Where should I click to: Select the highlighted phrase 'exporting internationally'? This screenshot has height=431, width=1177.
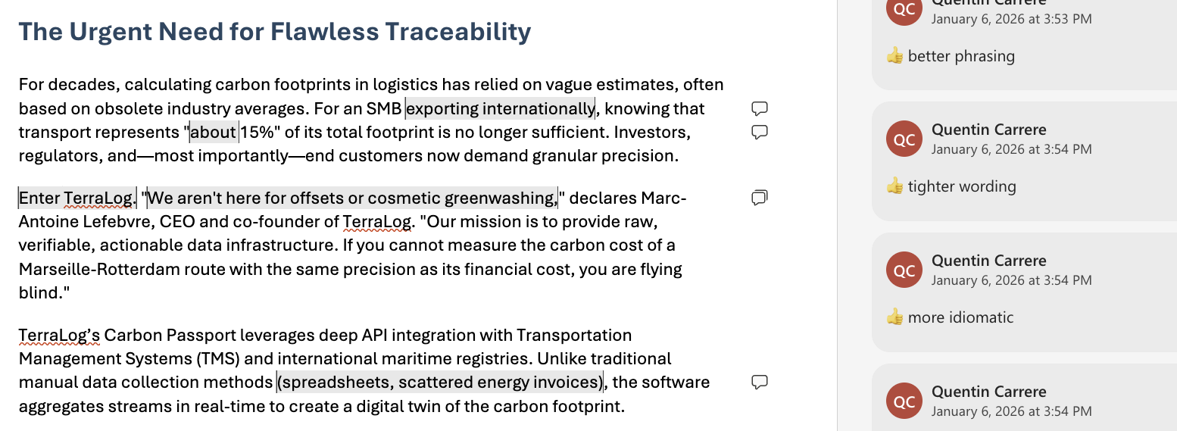(500, 109)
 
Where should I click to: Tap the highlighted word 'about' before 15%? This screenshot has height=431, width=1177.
(213, 132)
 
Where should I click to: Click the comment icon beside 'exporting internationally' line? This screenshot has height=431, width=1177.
(759, 108)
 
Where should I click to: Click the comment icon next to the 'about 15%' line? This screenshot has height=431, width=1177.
(759, 132)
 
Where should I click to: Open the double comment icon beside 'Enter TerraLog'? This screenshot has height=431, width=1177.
(759, 198)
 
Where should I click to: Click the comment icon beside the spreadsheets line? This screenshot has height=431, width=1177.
(759, 382)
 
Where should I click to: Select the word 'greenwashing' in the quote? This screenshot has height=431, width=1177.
(500, 198)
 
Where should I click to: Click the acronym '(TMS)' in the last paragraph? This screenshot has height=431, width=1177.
(218, 359)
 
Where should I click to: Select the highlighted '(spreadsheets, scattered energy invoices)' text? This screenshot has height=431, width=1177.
(440, 383)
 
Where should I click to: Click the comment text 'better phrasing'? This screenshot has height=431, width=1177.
(961, 56)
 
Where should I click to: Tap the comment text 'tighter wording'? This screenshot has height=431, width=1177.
(962, 186)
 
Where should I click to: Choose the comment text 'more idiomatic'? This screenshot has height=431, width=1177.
(960, 317)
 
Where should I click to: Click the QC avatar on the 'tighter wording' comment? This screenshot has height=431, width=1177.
(904, 139)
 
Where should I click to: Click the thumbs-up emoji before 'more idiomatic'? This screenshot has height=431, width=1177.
(894, 317)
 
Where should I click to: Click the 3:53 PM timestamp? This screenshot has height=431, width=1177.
(1011, 19)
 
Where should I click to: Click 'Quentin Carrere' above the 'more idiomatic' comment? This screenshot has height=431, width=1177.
(988, 261)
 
